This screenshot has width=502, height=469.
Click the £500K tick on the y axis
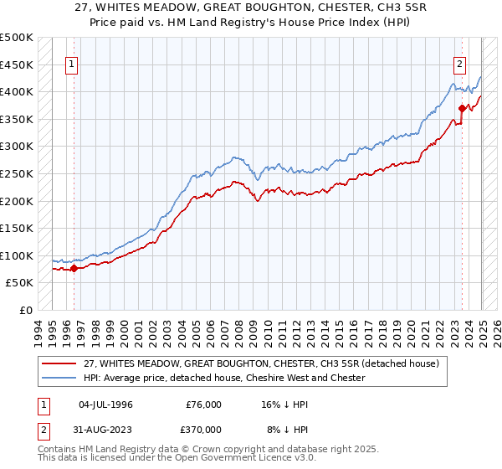17,38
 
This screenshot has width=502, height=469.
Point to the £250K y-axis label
17,173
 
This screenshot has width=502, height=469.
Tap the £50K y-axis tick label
20,283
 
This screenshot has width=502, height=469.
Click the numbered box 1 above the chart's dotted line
72,64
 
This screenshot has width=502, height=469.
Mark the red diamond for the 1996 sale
74,268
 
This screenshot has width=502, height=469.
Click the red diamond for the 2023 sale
462,107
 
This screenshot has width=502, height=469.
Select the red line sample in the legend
60,363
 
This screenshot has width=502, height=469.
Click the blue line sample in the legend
60,378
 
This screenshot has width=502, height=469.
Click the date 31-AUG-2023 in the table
105,430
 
